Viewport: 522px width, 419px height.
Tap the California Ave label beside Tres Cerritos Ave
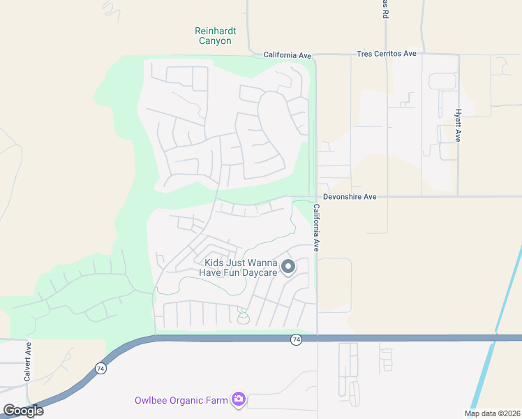click(287, 54)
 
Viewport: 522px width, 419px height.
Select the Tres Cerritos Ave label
click(386, 54)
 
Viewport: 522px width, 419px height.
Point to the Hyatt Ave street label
click(458, 126)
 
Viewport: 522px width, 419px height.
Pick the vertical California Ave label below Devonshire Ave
click(316, 228)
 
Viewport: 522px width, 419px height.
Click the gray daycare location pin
click(288, 266)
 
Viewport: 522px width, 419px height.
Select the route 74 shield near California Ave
click(297, 339)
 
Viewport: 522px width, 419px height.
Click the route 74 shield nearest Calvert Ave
click(100, 368)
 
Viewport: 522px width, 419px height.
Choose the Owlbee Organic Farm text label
click(182, 400)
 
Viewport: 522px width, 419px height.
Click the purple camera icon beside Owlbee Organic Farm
click(239, 399)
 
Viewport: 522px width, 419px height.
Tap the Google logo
click(23, 411)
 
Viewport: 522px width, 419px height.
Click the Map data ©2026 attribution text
click(492, 413)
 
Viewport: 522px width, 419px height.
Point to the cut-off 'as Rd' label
click(385, 9)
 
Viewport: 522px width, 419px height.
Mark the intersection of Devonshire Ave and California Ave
click(316, 197)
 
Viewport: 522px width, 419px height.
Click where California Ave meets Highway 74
click(318, 338)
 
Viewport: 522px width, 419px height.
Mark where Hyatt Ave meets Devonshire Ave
click(458, 197)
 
